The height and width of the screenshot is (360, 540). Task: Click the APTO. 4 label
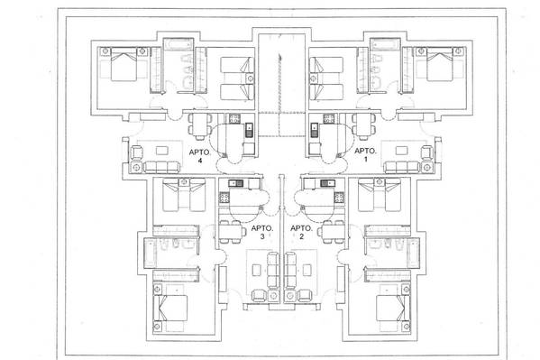200,156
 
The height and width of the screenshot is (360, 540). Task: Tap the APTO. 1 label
365,155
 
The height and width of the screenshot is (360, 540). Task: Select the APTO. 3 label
262,232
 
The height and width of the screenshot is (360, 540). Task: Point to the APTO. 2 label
301,232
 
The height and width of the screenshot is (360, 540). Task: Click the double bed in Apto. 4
124,64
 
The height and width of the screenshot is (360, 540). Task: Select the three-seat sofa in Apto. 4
162,167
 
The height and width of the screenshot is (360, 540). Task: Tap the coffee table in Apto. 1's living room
401,151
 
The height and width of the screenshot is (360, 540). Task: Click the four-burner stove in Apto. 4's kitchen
234,119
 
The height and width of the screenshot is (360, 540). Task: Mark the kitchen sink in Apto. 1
315,130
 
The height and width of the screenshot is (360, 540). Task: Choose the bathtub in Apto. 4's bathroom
178,44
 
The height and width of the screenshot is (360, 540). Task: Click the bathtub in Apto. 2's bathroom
413,253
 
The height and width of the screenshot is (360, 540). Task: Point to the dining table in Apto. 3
232,232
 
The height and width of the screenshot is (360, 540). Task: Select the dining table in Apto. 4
200,125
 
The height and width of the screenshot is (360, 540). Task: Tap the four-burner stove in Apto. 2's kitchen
339,198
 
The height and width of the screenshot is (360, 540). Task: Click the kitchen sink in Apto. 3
236,183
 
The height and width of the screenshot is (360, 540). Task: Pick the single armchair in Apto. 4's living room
137,152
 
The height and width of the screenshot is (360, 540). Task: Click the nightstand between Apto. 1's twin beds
313,78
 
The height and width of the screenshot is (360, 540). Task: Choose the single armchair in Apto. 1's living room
427,152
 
